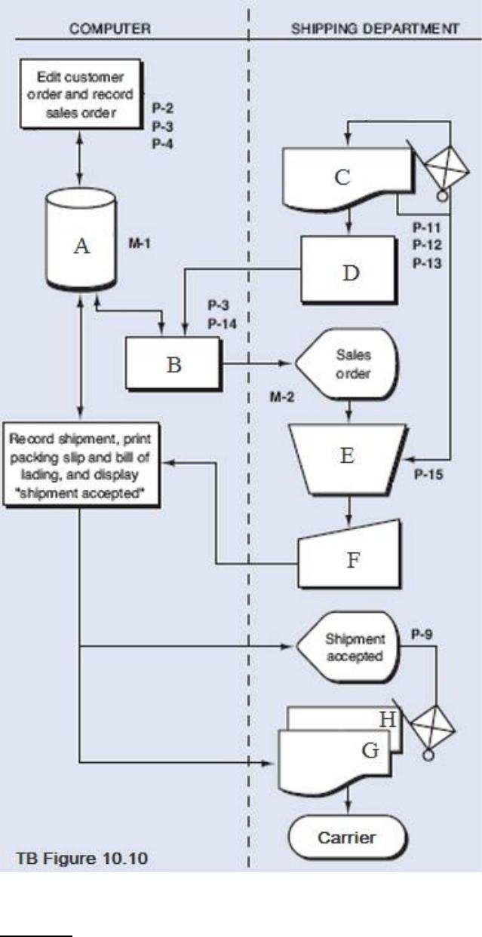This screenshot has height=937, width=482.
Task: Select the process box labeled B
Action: (173, 364)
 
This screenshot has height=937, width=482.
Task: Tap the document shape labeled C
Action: (347, 179)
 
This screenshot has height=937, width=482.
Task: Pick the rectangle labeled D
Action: (348, 269)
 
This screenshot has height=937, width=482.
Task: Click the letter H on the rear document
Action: (387, 719)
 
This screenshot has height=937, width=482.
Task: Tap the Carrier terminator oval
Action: (347, 837)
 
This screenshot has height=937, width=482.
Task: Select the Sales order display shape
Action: (347, 363)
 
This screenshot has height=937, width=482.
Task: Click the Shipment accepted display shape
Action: (348, 647)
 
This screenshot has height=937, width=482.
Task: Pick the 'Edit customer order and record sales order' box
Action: (80, 93)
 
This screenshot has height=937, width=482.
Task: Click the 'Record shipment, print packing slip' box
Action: (81, 465)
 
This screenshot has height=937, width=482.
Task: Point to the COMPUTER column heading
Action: (110, 29)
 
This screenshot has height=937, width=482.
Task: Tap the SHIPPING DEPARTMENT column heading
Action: (375, 29)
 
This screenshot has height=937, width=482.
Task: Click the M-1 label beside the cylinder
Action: (140, 243)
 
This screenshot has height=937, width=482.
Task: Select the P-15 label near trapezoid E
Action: (428, 475)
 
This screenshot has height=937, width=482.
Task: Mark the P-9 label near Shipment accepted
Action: (422, 635)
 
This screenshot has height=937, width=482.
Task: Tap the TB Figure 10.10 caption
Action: (81, 859)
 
